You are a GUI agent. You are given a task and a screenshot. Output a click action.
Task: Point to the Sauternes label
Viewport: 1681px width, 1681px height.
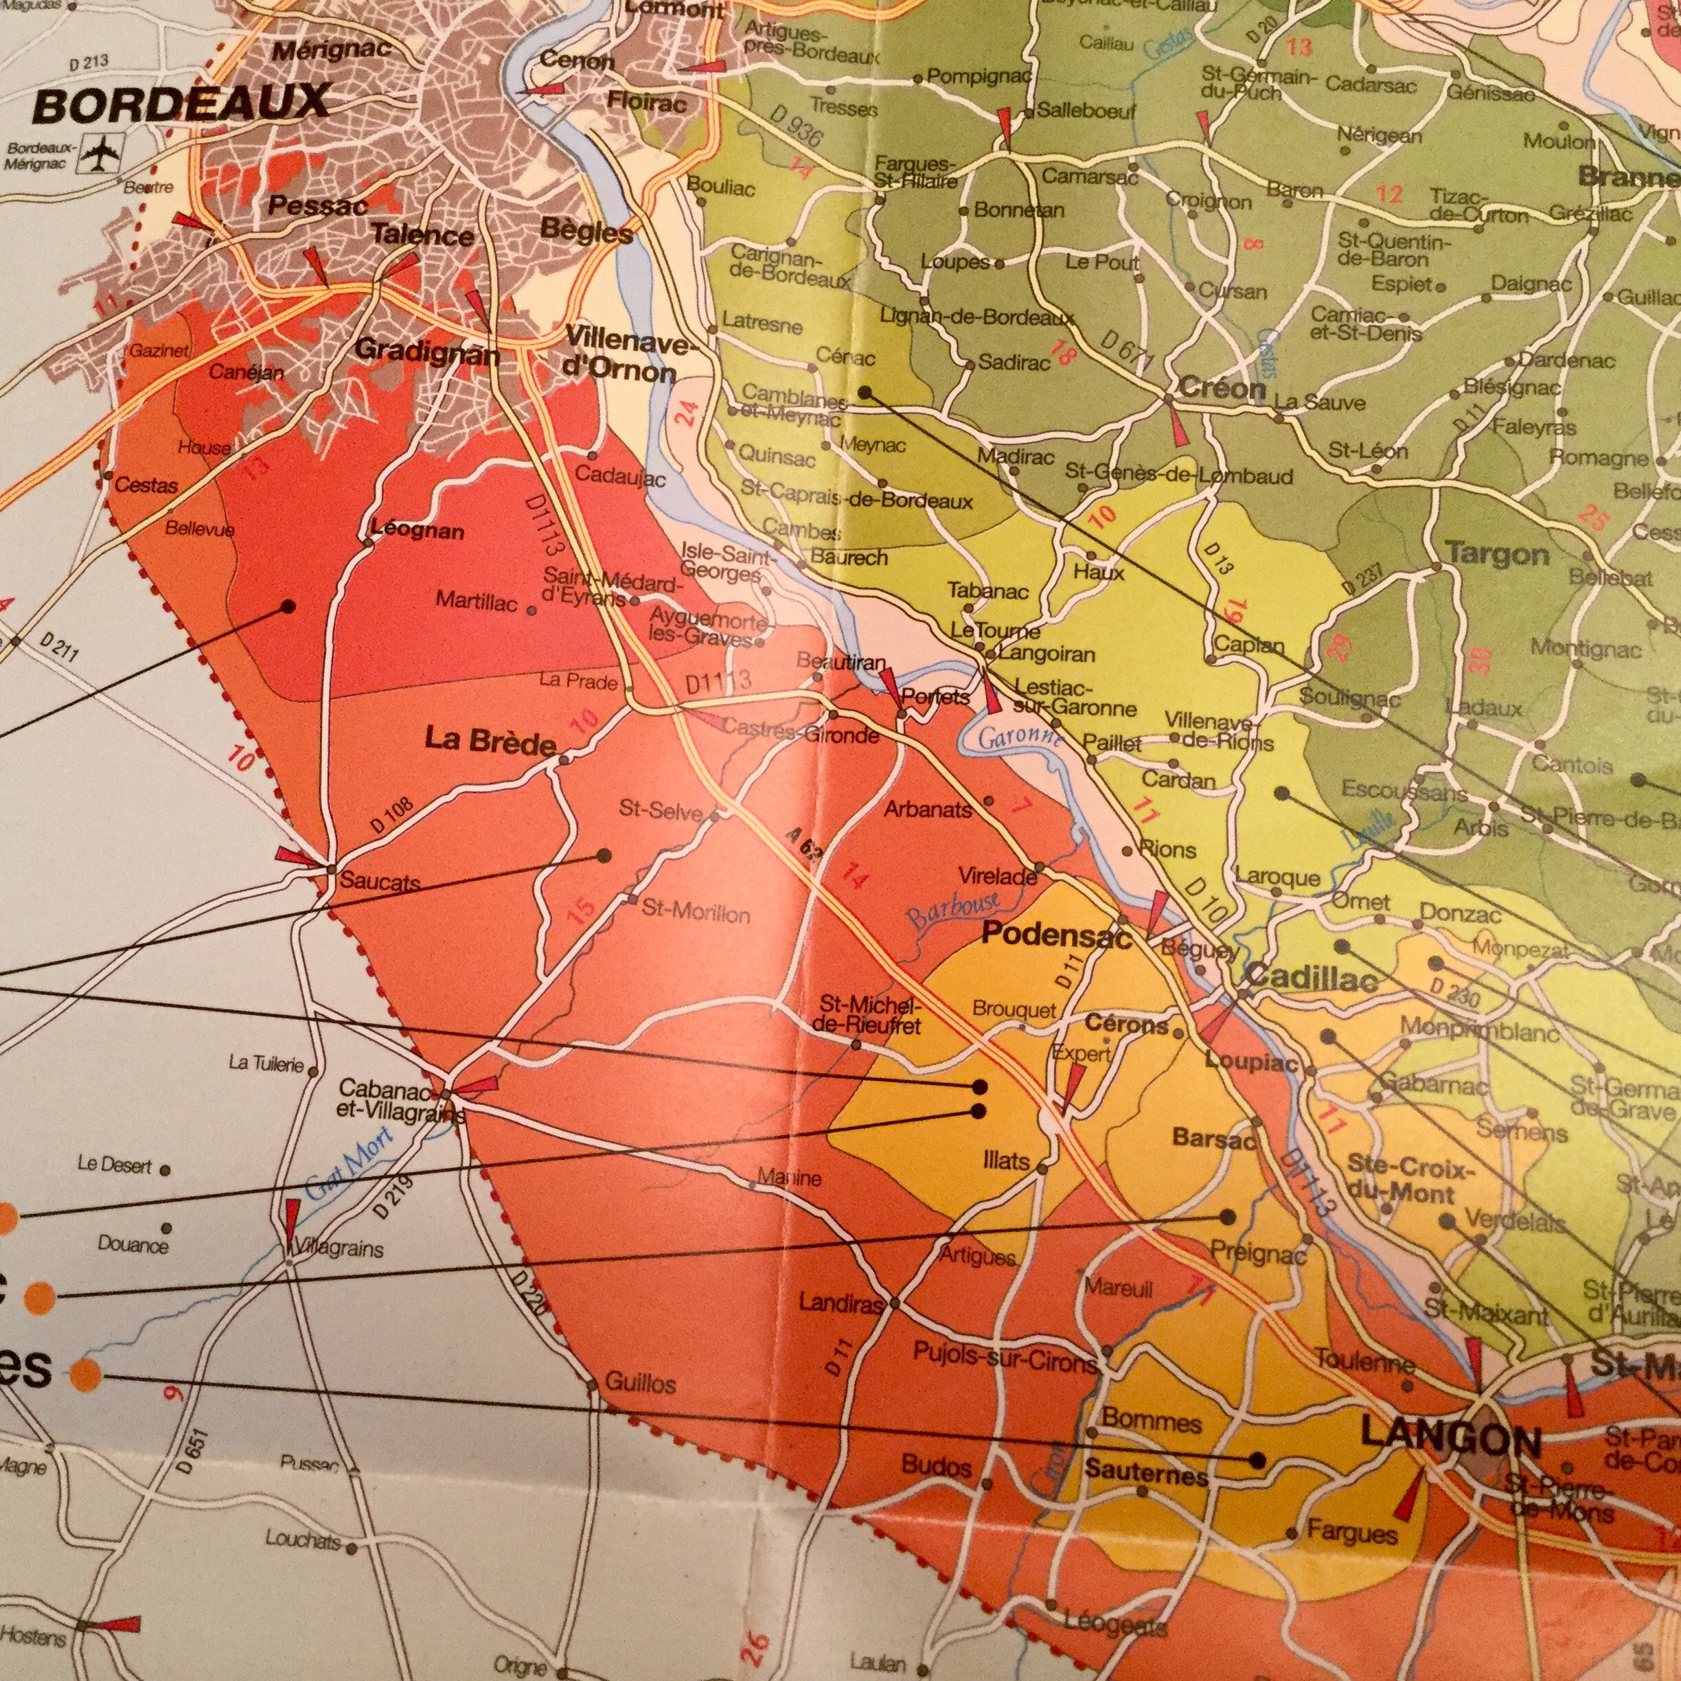pyautogui.click(x=1146, y=1473)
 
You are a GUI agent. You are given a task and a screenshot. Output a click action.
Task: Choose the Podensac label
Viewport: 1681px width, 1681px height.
pyautogui.click(x=1056, y=935)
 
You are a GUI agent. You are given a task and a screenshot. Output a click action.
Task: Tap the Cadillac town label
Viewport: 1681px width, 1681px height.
pyautogui.click(x=1312, y=978)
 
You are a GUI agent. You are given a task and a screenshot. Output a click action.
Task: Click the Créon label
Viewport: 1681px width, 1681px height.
pyautogui.click(x=1221, y=388)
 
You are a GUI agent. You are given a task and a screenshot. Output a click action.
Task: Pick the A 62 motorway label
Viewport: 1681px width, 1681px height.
pyautogui.click(x=804, y=844)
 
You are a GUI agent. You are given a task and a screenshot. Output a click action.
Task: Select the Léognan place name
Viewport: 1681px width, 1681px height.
pyautogui.click(x=418, y=530)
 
